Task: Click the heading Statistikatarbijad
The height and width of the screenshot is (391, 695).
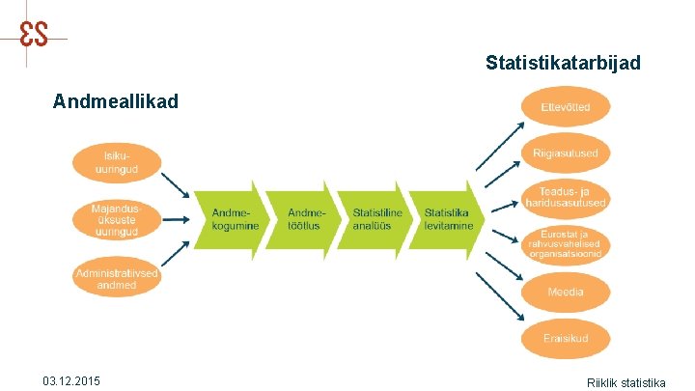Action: coord(563,64)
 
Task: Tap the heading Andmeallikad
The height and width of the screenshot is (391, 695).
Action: coord(116,100)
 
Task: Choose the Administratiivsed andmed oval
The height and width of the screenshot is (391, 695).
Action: coord(117,279)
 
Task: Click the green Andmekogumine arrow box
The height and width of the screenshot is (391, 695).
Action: coord(228,219)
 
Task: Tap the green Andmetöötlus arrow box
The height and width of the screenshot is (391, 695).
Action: coord(300,219)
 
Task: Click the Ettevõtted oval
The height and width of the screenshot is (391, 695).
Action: coord(566,106)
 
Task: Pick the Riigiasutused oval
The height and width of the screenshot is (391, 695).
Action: coord(566,153)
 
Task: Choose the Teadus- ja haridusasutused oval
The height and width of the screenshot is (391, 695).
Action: coord(566,197)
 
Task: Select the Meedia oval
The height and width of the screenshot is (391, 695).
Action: coord(566,291)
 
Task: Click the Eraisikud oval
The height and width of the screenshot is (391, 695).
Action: coord(566,338)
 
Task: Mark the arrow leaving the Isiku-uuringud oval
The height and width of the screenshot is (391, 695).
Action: coord(175,182)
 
